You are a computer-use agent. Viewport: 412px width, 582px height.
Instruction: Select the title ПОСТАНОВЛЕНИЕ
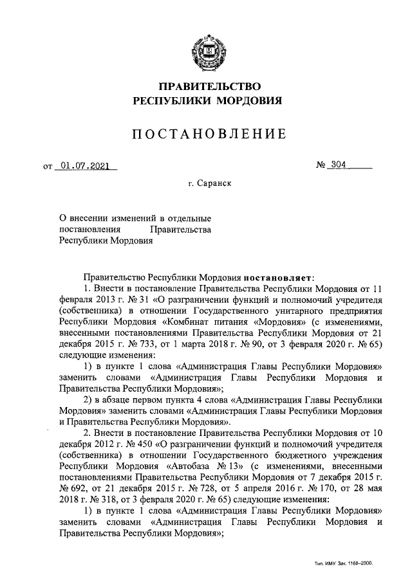pyautogui.click(x=206, y=134)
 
